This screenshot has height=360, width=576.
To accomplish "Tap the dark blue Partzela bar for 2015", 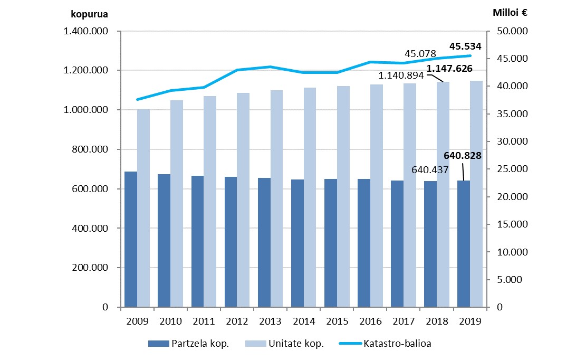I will (331, 243).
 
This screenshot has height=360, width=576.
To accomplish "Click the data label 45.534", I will (465, 46).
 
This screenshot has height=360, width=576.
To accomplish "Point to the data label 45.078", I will (420, 53).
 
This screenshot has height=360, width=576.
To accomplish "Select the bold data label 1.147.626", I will (449, 68).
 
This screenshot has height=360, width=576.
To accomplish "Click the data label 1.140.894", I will (401, 75).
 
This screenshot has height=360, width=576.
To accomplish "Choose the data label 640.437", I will (430, 170).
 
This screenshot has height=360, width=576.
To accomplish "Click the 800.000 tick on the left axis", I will (90, 149).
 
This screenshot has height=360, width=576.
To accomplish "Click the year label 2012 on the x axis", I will (237, 320).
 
